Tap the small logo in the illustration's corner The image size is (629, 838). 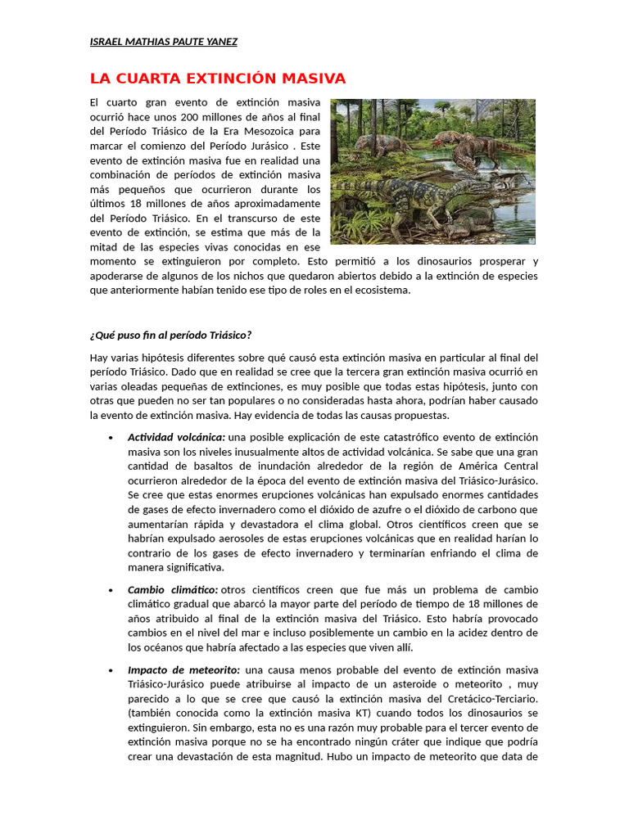pyautogui.click(x=531, y=239)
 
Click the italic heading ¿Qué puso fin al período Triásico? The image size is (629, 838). pyautogui.click(x=170, y=335)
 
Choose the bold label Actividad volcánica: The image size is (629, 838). pyautogui.click(x=176, y=437)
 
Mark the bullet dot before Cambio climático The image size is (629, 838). pyautogui.click(x=110, y=590)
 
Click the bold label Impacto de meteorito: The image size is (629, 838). pyautogui.click(x=183, y=669)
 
